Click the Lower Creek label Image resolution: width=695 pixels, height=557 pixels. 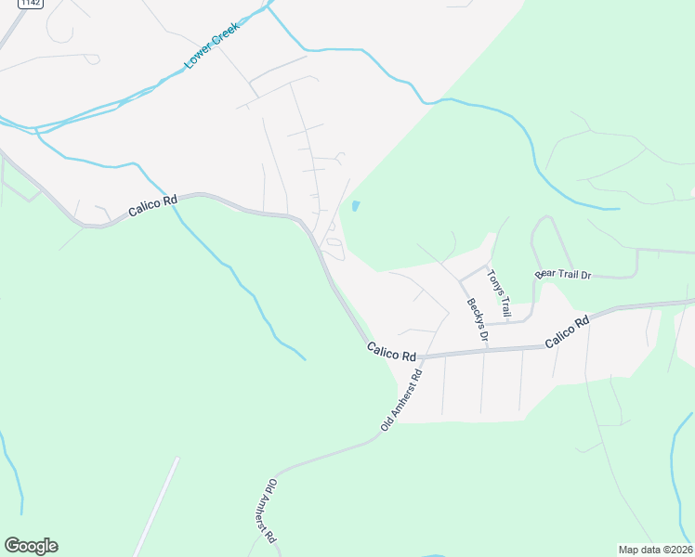pyautogui.click(x=212, y=45)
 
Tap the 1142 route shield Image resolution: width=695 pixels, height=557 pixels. pyautogui.click(x=7, y=3)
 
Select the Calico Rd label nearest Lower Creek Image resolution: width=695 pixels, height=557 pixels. pyautogui.click(x=152, y=205)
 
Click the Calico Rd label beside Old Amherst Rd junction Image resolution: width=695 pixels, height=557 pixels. pyautogui.click(x=390, y=352)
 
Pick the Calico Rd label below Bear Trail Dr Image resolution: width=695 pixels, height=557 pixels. pyautogui.click(x=568, y=332)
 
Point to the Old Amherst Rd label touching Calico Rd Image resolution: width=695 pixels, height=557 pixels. pyautogui.click(x=401, y=400)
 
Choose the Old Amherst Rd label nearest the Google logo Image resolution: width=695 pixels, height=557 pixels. pyautogui.click(x=266, y=512)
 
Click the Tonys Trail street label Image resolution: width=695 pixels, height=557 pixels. pyautogui.click(x=500, y=291)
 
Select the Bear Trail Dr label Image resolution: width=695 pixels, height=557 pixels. pyautogui.click(x=562, y=276)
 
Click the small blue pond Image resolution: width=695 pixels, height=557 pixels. pyautogui.click(x=355, y=206)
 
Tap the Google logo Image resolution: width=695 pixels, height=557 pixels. pyautogui.click(x=31, y=546)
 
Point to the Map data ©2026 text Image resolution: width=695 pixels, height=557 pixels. pyautogui.click(x=655, y=550)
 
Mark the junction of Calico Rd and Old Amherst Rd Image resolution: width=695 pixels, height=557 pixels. pyautogui.click(x=419, y=357)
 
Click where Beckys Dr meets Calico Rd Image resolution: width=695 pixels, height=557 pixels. pyautogui.click(x=484, y=352)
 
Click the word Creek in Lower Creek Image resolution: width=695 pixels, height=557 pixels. pyautogui.click(x=225, y=34)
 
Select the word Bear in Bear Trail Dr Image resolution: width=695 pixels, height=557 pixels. pyautogui.click(x=544, y=276)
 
